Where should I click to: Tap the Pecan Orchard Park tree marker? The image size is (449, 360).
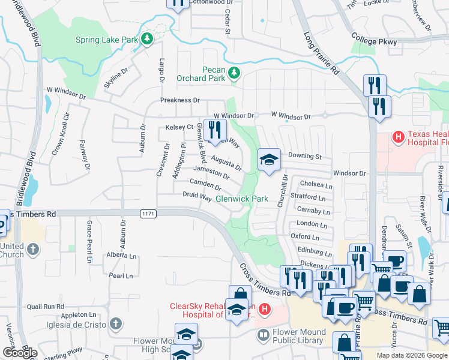234,73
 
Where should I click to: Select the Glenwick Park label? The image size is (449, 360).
241,199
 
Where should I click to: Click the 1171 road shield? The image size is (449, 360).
148,214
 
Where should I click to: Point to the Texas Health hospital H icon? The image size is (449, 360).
397,138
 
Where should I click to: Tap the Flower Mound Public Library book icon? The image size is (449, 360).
263,336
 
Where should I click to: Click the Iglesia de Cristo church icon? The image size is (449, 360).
116,325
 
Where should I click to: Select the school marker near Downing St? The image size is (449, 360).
268,160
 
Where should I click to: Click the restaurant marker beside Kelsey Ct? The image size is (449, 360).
214,129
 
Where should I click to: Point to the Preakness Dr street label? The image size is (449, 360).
179,100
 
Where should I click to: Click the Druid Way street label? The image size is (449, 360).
197,196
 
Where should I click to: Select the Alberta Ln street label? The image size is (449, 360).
121,255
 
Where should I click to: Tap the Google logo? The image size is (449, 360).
20,353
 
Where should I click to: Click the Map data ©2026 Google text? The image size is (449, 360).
411,355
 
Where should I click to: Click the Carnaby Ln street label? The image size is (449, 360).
313,212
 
